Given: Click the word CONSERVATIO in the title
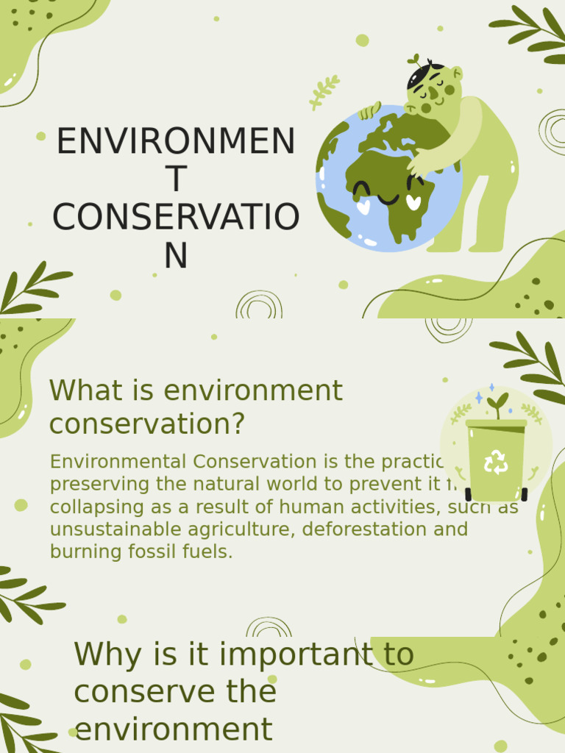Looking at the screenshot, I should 176,218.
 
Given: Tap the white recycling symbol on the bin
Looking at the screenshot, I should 496,463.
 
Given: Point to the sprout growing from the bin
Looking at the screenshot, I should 498,404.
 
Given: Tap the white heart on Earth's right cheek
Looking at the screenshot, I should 414,201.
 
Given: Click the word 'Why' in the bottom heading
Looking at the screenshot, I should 106,654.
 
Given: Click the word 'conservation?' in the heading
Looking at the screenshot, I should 147,424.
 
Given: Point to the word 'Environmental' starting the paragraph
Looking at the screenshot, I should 118,462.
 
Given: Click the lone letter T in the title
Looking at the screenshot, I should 176,179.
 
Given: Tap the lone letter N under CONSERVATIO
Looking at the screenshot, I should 176,256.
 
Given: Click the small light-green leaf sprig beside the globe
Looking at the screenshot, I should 324,92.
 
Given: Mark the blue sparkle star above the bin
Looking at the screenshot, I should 479,398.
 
